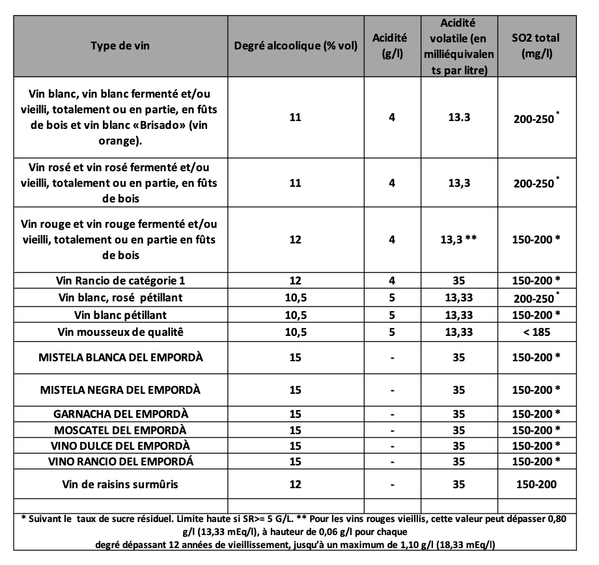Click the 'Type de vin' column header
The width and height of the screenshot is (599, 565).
click(x=120, y=47)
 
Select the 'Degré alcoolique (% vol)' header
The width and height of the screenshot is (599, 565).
click(x=295, y=47)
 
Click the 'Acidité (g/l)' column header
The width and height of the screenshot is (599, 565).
click(x=391, y=47)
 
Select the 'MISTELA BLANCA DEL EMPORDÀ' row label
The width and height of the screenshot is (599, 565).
click(x=120, y=358)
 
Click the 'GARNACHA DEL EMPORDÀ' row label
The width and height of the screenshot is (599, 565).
click(x=120, y=413)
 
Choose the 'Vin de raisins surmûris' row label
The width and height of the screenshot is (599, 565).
click(x=120, y=484)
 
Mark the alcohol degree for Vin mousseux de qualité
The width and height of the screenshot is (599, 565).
click(x=295, y=331)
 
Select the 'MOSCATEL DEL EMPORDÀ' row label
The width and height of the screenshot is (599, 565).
click(x=120, y=430)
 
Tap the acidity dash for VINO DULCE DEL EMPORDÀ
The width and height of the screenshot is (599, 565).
click(x=391, y=446)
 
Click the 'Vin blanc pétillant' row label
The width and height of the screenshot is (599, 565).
click(x=120, y=314)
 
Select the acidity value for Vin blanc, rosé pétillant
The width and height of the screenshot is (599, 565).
click(x=391, y=297)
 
